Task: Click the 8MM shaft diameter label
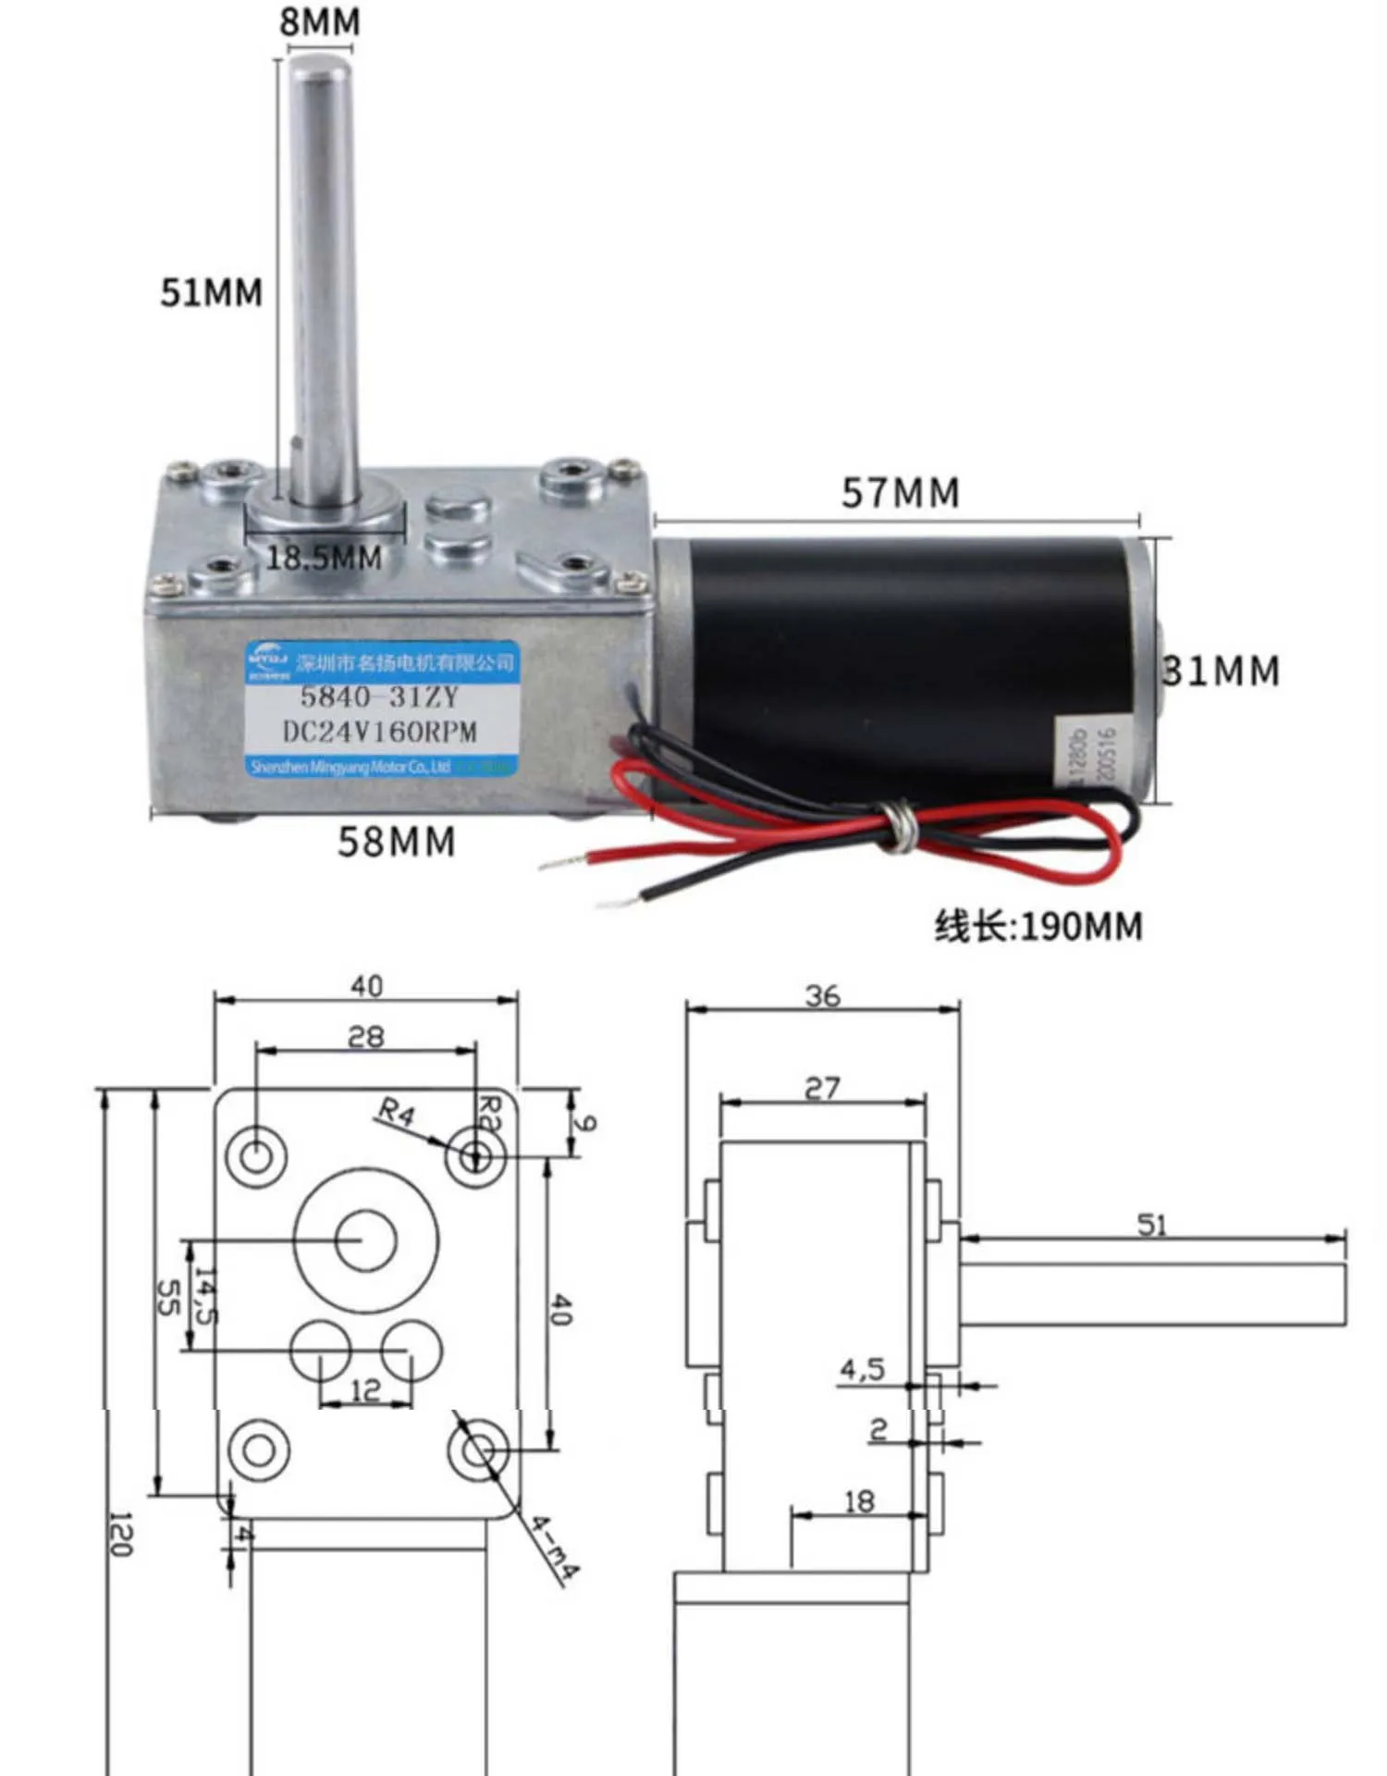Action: coord(320,22)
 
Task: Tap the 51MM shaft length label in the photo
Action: coord(212,292)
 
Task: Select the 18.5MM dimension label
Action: coord(325,558)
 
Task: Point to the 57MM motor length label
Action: coord(900,493)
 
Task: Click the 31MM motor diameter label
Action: coord(1222,672)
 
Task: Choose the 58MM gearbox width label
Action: coord(397,842)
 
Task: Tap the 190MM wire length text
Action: coord(1038,926)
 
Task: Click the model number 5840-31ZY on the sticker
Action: coord(379,697)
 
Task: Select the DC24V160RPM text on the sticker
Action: coord(379,732)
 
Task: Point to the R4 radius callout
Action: coord(397,1113)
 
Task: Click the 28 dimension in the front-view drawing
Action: coord(365,1037)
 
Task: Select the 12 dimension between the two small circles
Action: coord(365,1390)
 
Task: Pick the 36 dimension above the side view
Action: coord(822,996)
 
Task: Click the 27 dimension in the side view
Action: coord(822,1089)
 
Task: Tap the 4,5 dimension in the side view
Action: coord(862,1369)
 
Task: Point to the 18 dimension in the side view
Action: coord(859,1501)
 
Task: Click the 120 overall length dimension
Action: coord(121,1535)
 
